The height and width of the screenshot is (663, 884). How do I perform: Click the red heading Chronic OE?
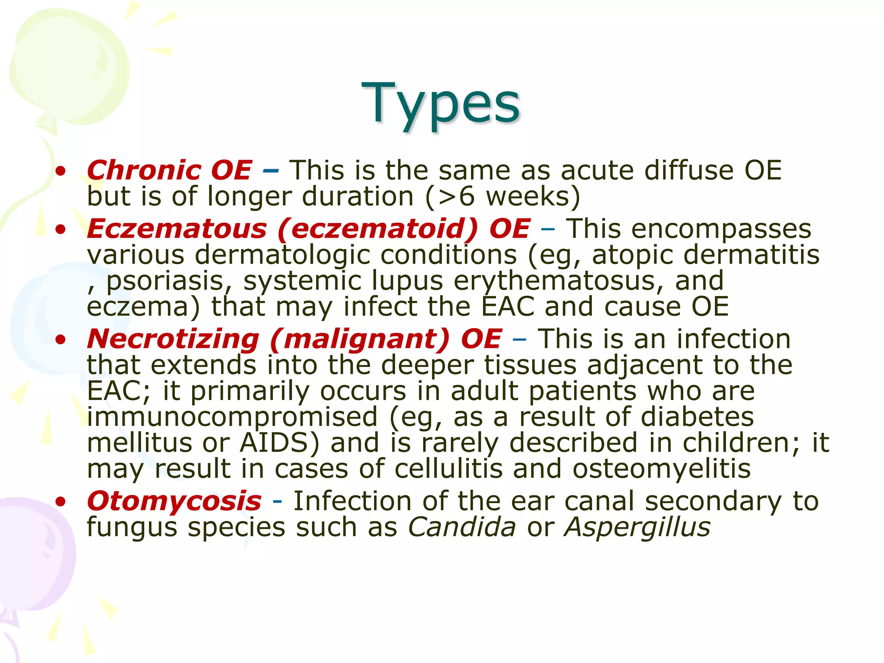click(x=169, y=170)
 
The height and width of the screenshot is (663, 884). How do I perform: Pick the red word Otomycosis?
click(x=174, y=501)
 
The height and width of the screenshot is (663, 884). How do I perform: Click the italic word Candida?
click(x=462, y=527)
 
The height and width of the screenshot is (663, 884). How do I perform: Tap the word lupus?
click(x=407, y=281)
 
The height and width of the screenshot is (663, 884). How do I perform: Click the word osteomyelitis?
click(x=661, y=469)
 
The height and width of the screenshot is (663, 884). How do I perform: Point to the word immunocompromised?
click(x=232, y=417)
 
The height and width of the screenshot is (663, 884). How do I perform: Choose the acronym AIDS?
click(x=279, y=443)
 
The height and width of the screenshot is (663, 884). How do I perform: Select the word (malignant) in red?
click(x=360, y=339)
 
